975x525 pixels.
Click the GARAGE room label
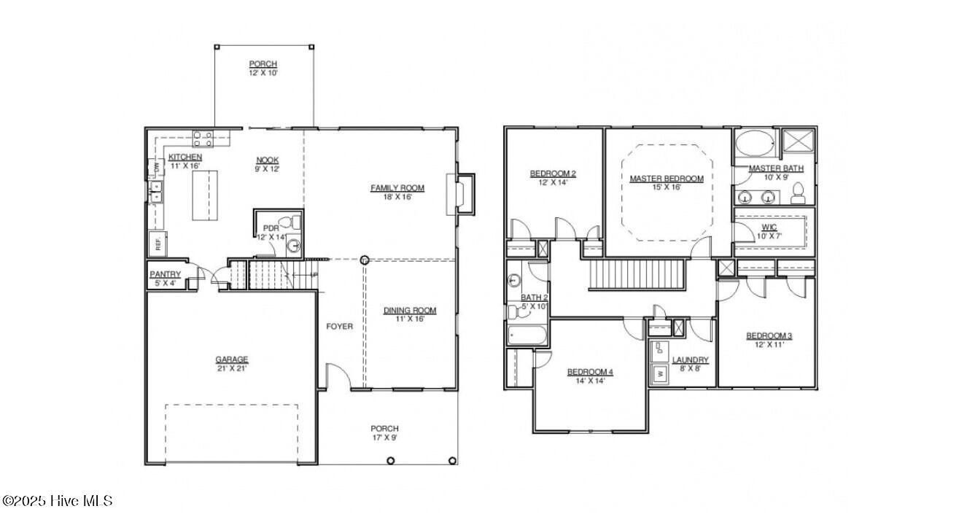(x=231, y=359)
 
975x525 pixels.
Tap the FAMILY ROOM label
(x=397, y=188)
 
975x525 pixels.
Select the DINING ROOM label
(x=410, y=311)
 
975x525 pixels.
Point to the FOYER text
(x=339, y=327)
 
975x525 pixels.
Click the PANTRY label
(x=165, y=274)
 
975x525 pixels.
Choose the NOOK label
(x=267, y=160)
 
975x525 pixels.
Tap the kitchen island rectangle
(x=205, y=195)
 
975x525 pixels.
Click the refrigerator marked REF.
(x=157, y=243)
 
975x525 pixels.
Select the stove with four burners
(x=202, y=138)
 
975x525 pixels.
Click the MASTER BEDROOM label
(x=667, y=179)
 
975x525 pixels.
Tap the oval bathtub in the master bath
(x=755, y=143)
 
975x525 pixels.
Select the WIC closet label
(x=769, y=227)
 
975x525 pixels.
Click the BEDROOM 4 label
(x=590, y=373)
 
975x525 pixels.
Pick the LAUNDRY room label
(x=690, y=360)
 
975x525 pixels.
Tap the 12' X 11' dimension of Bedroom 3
(x=769, y=345)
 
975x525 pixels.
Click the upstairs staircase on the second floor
(x=638, y=275)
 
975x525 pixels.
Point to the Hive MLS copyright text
(x=57, y=501)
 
